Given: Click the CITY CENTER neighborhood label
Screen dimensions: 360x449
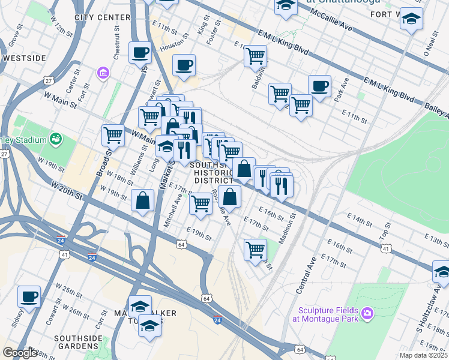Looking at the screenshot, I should coord(103,17).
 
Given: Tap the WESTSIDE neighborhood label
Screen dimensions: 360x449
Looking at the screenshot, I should coord(24,58).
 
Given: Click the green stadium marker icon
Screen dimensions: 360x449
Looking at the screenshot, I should coord(56,140).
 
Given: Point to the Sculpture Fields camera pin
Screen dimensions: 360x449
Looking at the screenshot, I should coord(367,313).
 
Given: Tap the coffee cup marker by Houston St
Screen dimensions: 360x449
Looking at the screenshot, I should coord(184,65).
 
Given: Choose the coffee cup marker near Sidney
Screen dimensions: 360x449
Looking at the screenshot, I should coord(29,296).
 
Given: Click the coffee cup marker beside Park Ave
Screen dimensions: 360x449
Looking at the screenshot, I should coord(319,86).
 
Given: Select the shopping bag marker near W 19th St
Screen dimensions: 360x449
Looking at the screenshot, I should coord(143,200).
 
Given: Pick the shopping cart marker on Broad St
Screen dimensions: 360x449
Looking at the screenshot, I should coord(113,136).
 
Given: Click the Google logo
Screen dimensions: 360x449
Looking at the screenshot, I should coord(20,353).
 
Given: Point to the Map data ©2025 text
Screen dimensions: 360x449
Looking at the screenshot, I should coord(423,355).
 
